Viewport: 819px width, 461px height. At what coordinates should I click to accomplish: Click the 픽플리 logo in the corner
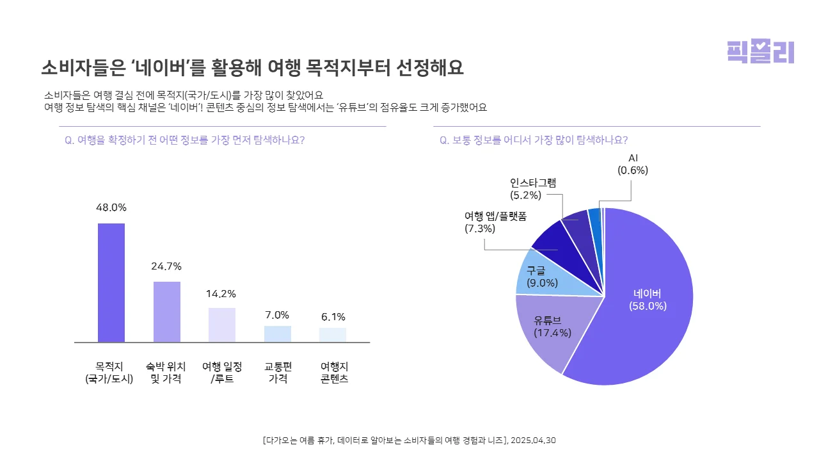(x=760, y=52)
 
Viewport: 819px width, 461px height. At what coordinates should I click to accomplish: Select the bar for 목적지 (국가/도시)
(x=111, y=282)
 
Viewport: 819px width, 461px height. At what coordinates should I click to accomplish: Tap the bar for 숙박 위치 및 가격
(x=166, y=312)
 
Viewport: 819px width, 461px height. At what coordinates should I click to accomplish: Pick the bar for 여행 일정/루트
(x=222, y=325)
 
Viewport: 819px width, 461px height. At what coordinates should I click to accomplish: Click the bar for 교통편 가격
(x=277, y=334)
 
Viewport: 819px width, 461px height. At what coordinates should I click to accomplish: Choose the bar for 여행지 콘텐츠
(x=333, y=335)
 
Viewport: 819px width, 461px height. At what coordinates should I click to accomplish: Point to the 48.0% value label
(x=111, y=207)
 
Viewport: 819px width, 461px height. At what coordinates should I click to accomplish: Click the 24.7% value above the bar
(x=166, y=266)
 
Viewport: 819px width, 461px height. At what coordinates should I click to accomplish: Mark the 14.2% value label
(x=221, y=293)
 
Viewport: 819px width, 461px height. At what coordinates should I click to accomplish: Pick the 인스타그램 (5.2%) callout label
(x=532, y=188)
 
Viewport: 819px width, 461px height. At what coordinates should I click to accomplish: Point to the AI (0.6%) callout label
(x=632, y=164)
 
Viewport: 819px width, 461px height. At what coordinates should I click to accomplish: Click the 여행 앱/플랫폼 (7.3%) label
(x=495, y=222)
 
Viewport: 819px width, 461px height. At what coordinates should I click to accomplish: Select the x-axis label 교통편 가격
(x=278, y=372)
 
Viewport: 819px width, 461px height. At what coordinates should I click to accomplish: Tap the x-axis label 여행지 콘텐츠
(x=333, y=372)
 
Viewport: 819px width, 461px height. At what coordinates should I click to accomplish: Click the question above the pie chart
(x=533, y=140)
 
